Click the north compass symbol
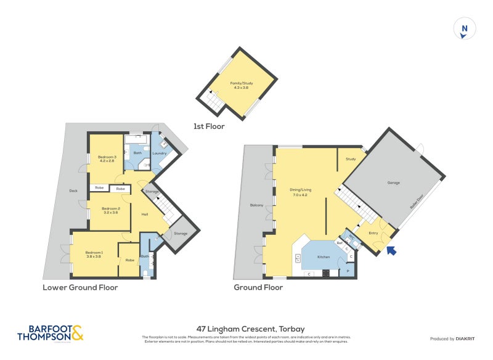(465, 29)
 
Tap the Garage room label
(393, 183)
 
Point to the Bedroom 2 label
(110, 210)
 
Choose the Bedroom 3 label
(107, 159)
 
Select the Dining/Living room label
(300, 192)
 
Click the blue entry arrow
(391, 250)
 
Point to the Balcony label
(256, 205)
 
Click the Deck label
(74, 190)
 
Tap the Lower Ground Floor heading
(80, 287)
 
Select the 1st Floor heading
(209, 126)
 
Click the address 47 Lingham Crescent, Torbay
(246, 329)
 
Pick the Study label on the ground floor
(351, 160)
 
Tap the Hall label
(145, 214)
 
